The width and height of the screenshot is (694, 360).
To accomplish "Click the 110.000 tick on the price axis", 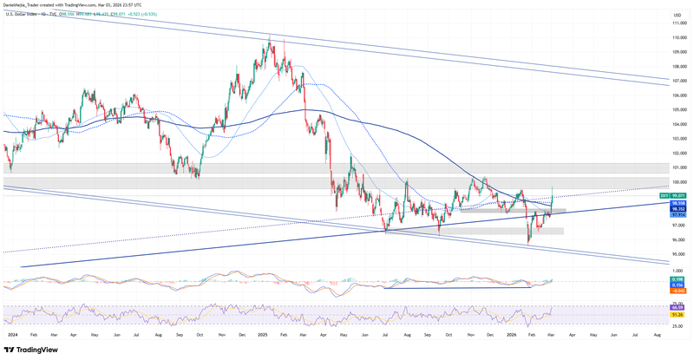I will pyautogui.click(x=682, y=38).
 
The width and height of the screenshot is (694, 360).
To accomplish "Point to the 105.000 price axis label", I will pyautogui.click(x=682, y=110).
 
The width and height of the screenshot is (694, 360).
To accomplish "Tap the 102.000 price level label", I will pyautogui.click(x=682, y=153).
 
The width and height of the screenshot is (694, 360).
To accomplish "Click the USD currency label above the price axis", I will pyautogui.click(x=678, y=16).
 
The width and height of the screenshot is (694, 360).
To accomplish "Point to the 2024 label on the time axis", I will pyautogui.click(x=12, y=333).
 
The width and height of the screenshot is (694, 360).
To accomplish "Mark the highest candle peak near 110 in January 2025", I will pyautogui.click(x=270, y=36).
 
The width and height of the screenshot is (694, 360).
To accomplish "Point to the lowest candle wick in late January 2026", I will pyautogui.click(x=528, y=245).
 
